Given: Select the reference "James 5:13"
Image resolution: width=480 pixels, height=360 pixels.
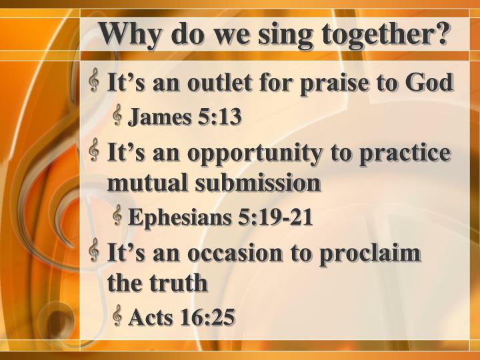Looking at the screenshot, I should pyautogui.click(x=184, y=118).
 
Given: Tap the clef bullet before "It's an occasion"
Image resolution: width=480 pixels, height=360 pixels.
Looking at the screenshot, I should pyautogui.click(x=95, y=251).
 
